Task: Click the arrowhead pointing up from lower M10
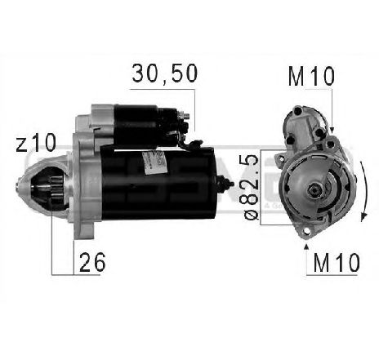(305, 242)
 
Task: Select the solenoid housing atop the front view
(302, 127)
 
